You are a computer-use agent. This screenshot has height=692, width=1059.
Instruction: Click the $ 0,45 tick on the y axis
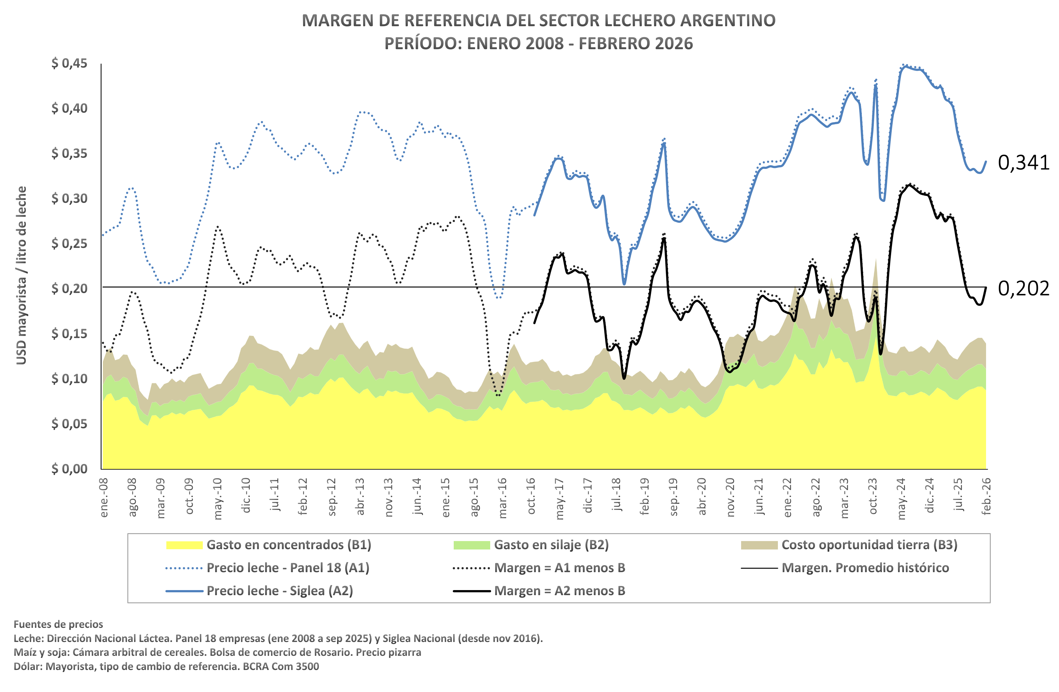69,63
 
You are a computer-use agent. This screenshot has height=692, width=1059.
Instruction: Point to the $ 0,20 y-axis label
69,288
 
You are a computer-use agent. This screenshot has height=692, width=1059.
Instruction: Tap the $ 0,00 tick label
69,469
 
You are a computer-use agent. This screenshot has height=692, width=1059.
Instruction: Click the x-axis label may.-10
218,499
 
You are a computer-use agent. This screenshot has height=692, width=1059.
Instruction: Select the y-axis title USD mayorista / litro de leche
21,275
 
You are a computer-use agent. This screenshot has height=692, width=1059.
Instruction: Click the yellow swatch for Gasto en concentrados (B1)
184,545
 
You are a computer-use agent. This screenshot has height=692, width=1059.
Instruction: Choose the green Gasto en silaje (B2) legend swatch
472,545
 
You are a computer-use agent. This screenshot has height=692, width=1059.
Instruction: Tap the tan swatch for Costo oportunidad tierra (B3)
759,545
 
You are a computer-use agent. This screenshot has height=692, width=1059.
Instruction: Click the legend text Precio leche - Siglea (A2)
280,591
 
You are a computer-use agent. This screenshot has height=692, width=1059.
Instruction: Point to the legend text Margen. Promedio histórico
865,568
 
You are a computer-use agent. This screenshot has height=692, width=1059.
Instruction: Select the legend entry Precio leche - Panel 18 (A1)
288,568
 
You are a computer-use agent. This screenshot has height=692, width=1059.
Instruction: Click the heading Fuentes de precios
58,624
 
